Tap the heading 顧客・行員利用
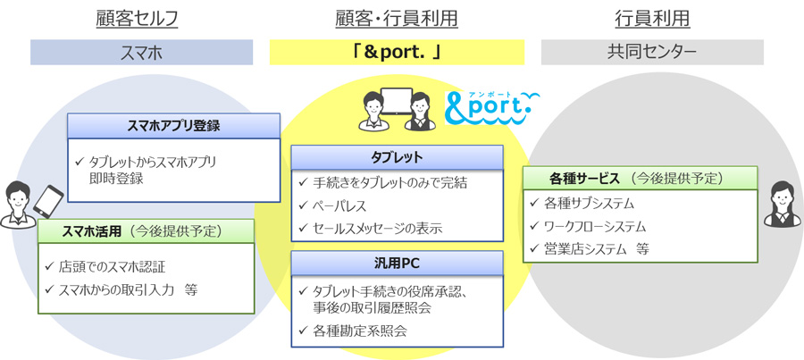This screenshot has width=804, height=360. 397,18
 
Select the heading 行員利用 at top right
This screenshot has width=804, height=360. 651,18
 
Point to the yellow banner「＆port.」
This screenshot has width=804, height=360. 397,52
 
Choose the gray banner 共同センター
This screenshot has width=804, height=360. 651,52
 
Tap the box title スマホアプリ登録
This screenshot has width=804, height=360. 174,125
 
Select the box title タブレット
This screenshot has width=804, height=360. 397,157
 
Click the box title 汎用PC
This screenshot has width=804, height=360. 397,264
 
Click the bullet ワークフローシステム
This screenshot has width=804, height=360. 594,226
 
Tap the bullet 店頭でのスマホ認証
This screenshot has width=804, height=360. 111,266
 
